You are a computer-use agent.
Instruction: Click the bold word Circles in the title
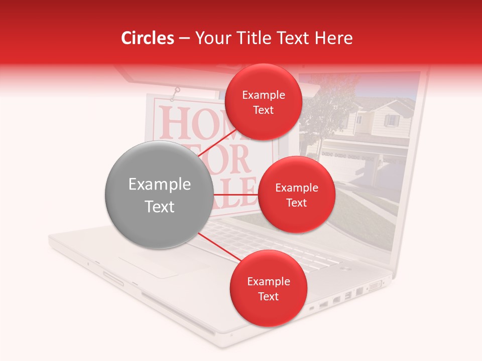click(x=147, y=38)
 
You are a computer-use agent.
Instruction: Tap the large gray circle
click(x=159, y=195)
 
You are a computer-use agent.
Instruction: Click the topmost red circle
click(x=263, y=102)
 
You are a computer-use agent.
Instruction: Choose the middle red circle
click(x=296, y=195)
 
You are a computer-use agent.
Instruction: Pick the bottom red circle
click(x=268, y=288)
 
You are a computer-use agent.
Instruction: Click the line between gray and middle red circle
click(x=236, y=195)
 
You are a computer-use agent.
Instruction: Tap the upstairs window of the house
click(x=391, y=120)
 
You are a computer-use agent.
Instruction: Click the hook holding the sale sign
click(x=176, y=92)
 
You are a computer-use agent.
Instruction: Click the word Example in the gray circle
click(x=159, y=185)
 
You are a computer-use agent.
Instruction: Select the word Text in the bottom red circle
click(x=268, y=296)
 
